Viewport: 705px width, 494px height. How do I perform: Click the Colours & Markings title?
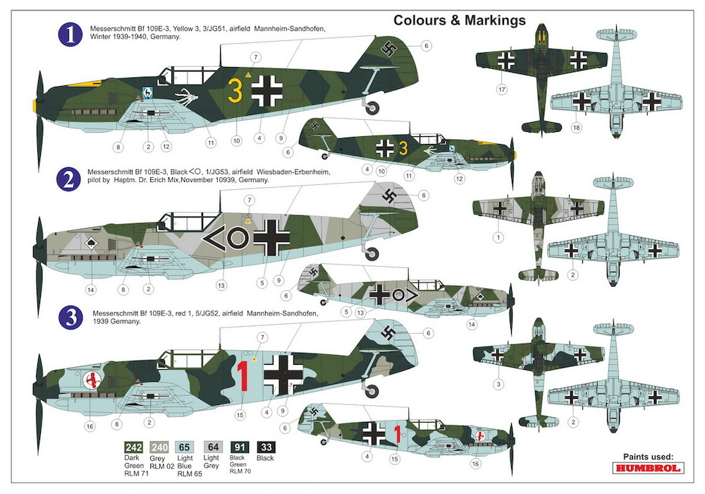click(x=460, y=20)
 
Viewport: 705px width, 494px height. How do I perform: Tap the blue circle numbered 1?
click(x=70, y=35)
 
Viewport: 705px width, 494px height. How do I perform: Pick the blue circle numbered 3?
click(x=71, y=317)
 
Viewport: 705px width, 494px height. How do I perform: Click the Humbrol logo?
click(x=648, y=468)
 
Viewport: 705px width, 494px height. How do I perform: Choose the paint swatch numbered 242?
click(x=133, y=447)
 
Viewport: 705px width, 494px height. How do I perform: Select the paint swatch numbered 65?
click(x=184, y=447)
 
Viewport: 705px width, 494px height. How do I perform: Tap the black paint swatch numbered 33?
click(x=266, y=447)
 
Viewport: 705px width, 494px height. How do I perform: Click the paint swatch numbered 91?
click(x=240, y=447)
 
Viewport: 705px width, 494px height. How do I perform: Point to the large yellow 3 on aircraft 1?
click(x=235, y=90)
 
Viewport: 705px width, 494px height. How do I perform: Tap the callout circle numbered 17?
click(x=502, y=90)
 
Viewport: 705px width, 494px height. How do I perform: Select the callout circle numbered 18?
click(x=576, y=127)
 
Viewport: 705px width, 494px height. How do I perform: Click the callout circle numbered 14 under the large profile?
click(x=91, y=290)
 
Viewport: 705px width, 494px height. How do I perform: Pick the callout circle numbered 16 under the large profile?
click(x=90, y=426)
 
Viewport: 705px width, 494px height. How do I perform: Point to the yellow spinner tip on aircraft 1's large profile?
click(x=35, y=106)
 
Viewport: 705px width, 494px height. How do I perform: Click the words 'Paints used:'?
click(x=648, y=456)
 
